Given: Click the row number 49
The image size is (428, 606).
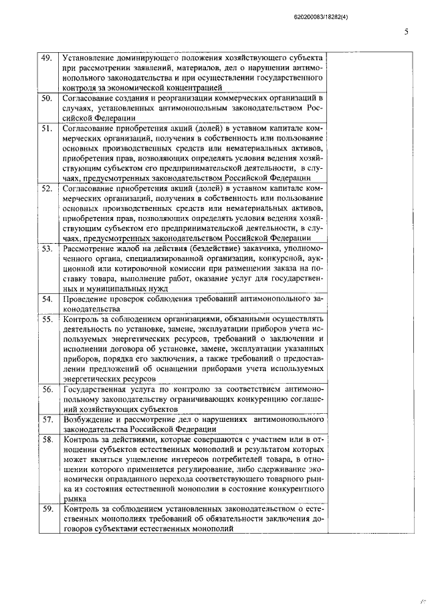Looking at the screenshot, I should (x=47, y=58).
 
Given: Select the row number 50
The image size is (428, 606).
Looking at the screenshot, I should (x=47, y=98).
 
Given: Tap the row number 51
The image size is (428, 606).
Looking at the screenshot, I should (x=47, y=129).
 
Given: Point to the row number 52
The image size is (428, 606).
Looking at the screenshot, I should (x=47, y=189).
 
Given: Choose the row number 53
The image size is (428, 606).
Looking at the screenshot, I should (x=47, y=250).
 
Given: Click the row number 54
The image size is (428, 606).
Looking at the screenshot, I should (x=47, y=299).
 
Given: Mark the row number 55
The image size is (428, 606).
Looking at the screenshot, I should (x=47, y=320).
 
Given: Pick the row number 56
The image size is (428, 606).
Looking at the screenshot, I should (x=47, y=389).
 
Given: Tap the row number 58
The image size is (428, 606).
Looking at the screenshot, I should (x=47, y=439).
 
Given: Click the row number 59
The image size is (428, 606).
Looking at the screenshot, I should (x=47, y=509).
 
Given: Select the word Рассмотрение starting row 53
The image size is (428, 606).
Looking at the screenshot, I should (x=91, y=250).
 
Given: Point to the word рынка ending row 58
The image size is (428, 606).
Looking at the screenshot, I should (x=74, y=498).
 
